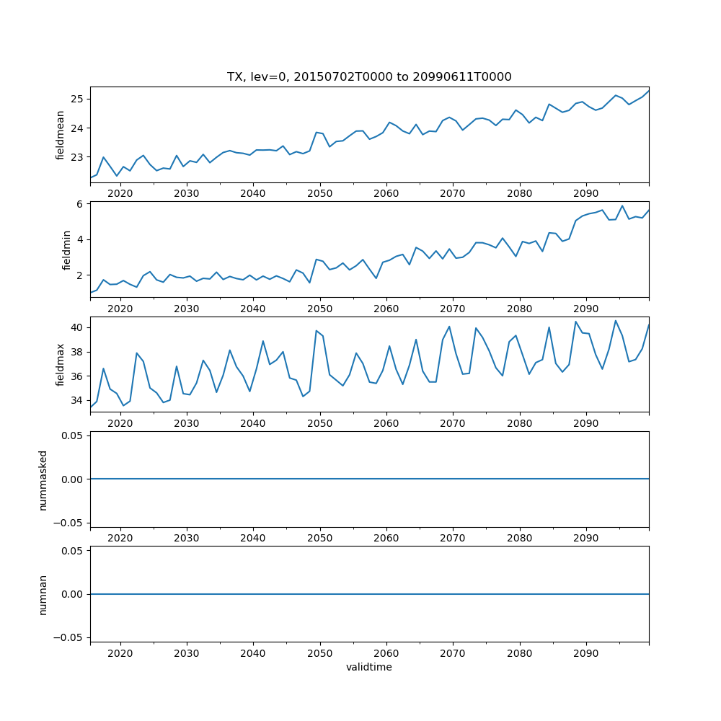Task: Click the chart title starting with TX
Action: (369, 77)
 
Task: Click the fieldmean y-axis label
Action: (61, 135)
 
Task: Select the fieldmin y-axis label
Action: (66, 250)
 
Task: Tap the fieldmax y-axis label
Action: (61, 365)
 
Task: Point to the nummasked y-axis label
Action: (43, 479)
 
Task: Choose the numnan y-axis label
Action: (43, 594)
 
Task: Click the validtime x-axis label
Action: (369, 668)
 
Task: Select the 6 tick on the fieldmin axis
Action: (80, 204)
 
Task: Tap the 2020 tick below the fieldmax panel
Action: (120, 423)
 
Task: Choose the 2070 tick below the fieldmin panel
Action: (453, 308)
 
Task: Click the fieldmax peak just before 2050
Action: (317, 331)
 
